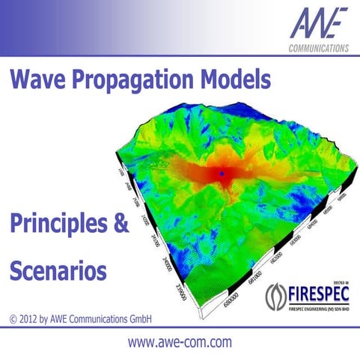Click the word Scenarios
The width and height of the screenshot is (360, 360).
[56, 269]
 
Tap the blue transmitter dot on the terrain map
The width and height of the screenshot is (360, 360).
[222, 174]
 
